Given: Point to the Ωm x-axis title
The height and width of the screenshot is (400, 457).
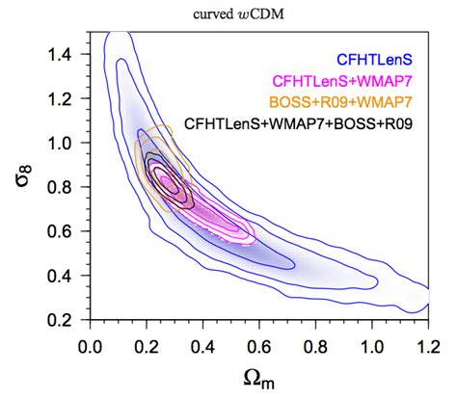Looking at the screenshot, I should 258,378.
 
